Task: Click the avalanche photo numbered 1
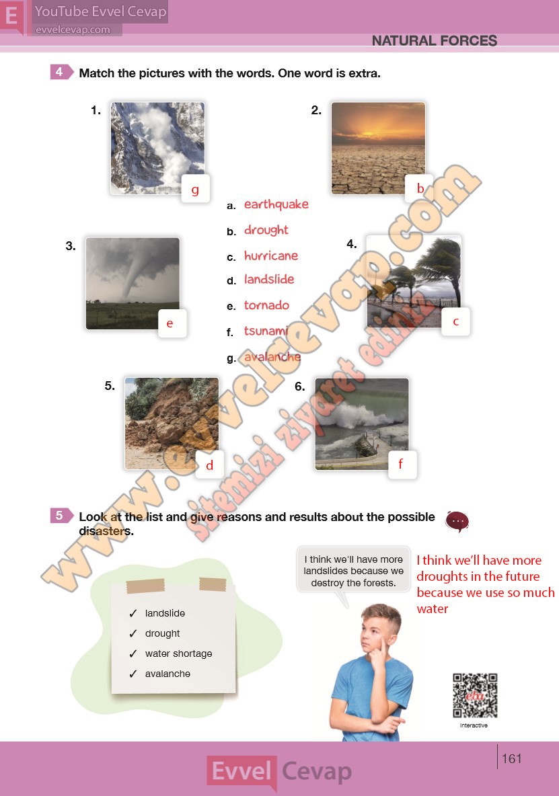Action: pyautogui.click(x=157, y=148)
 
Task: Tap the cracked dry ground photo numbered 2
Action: pyautogui.click(x=378, y=148)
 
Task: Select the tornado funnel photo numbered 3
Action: pyautogui.click(x=133, y=283)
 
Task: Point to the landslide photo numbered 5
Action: pyautogui.click(x=172, y=424)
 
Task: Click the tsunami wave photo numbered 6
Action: pyautogui.click(x=361, y=424)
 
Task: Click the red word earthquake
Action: pyautogui.click(x=276, y=204)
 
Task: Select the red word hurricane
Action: pyautogui.click(x=271, y=255)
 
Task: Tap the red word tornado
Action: pyautogui.click(x=266, y=305)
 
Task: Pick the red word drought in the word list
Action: pyautogui.click(x=266, y=230)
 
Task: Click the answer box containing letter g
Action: pyautogui.click(x=196, y=189)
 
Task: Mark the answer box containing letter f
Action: pyautogui.click(x=403, y=465)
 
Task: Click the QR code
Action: pyautogui.click(x=475, y=695)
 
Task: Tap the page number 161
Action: pyautogui.click(x=512, y=758)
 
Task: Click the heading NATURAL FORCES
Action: pyautogui.click(x=434, y=40)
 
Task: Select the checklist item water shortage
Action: pyautogui.click(x=179, y=653)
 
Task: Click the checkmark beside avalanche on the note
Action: pyautogui.click(x=133, y=674)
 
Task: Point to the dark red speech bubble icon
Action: pyautogui.click(x=457, y=521)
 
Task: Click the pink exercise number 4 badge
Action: pyautogui.click(x=61, y=72)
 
